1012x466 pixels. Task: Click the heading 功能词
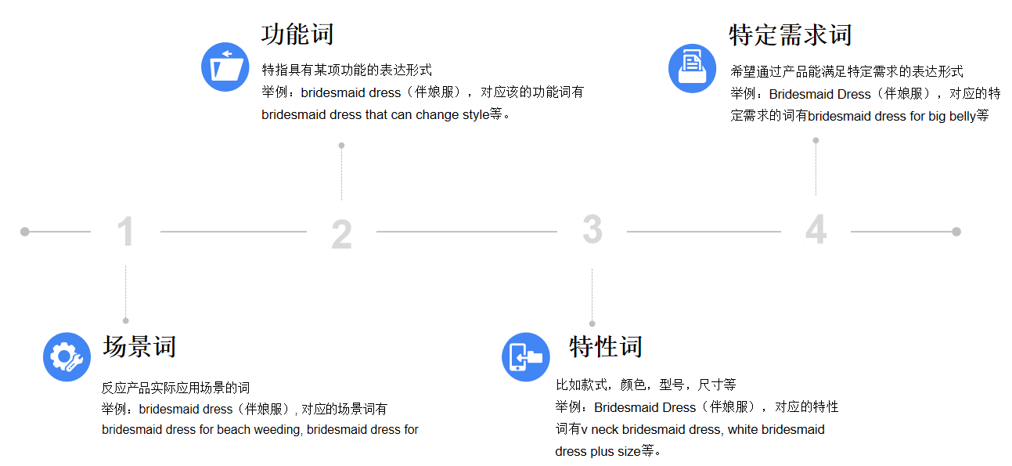point(297,34)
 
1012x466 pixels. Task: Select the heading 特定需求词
point(791,34)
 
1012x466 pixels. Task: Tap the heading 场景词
point(139,347)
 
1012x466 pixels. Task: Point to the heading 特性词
point(605,347)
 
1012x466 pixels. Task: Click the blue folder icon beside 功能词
point(225,67)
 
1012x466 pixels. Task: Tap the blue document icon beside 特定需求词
point(692,68)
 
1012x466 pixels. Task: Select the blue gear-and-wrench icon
point(67,357)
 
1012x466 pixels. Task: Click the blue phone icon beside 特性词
point(526,357)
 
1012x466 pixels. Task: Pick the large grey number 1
point(125,231)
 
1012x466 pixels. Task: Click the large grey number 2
point(341,233)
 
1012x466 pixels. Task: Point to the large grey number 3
point(592,229)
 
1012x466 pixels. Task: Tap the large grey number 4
point(816,229)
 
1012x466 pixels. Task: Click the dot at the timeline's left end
point(25,232)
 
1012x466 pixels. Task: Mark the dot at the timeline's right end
point(956,232)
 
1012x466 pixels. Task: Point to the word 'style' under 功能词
point(476,115)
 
